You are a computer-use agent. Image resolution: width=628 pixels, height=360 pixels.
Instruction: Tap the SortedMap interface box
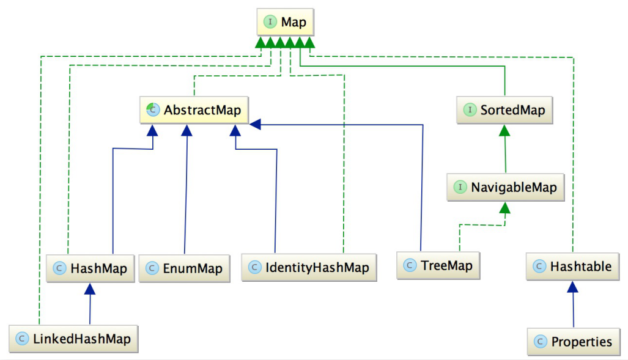(504, 111)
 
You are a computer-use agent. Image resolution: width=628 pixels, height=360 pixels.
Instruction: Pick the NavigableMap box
(505, 187)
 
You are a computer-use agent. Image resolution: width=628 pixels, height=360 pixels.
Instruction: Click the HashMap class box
(91, 268)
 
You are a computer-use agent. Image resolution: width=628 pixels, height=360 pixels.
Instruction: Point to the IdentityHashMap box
(309, 268)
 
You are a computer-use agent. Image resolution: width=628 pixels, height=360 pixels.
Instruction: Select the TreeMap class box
(438, 266)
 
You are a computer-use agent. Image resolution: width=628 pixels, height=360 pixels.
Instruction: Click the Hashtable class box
(572, 266)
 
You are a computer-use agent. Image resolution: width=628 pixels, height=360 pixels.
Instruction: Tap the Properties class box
(573, 342)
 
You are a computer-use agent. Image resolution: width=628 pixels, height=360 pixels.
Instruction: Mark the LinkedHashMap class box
(74, 338)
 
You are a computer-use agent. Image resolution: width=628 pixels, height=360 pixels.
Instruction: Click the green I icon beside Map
(270, 23)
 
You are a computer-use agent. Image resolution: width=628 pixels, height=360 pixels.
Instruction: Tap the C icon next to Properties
(539, 342)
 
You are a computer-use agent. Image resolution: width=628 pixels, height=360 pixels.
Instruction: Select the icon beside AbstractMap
(152, 111)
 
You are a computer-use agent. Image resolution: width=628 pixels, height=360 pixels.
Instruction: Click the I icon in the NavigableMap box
(459, 187)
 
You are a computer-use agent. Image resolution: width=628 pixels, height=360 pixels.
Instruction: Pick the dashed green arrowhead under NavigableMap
(504, 208)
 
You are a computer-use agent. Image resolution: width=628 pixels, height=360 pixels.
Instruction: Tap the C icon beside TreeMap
(410, 266)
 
